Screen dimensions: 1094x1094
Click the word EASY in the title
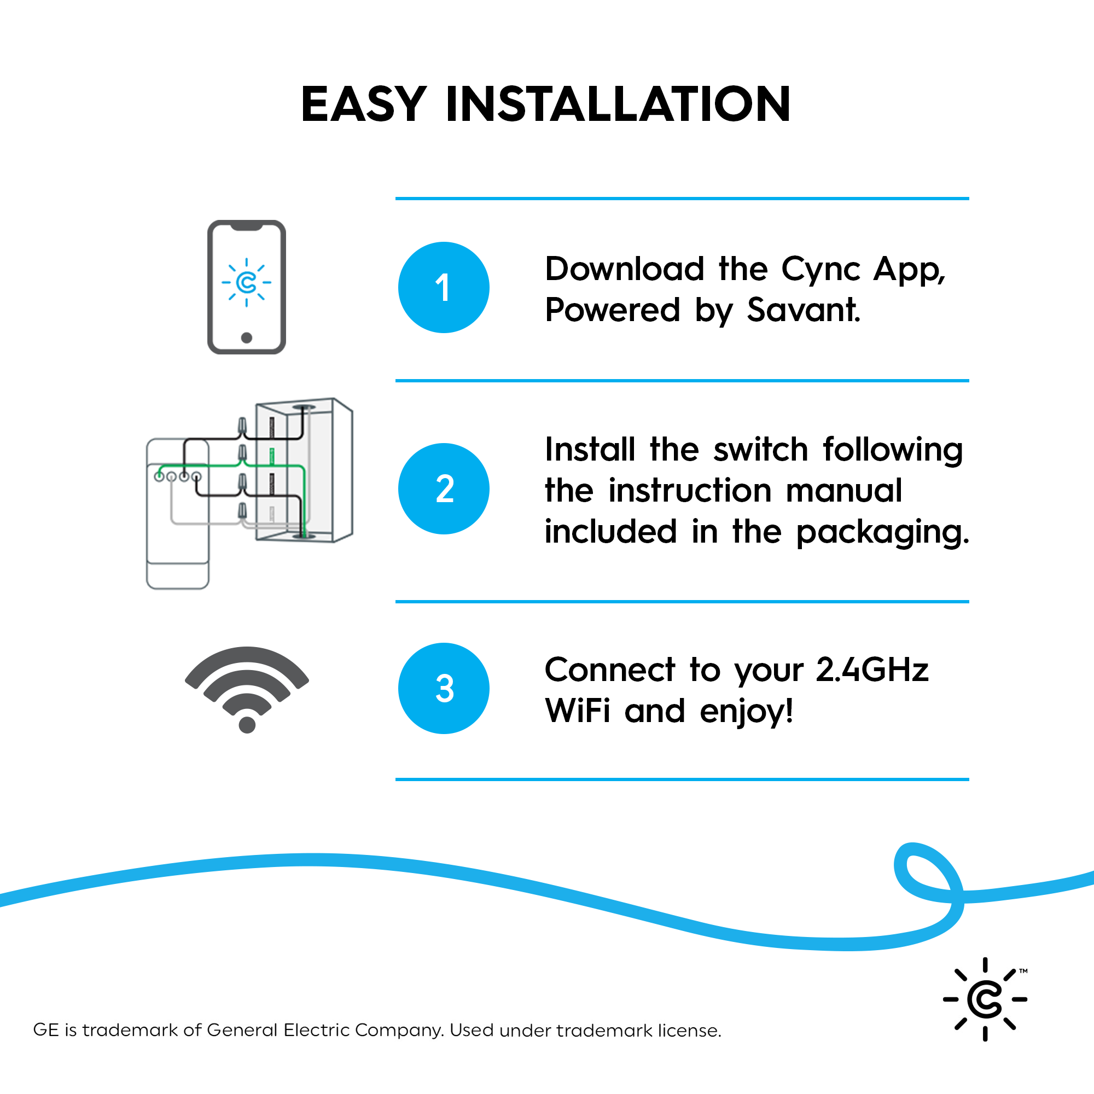[363, 105]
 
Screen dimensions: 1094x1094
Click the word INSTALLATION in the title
[618, 105]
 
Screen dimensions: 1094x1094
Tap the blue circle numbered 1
[444, 288]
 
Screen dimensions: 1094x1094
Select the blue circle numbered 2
[444, 488]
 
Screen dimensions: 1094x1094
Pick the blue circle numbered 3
[444, 689]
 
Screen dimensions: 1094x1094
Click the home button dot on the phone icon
[246, 337]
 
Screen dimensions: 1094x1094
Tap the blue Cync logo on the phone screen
[246, 282]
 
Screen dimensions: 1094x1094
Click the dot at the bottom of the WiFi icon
[247, 724]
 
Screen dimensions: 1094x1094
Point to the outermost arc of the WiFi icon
[247, 657]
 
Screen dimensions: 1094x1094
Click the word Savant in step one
[803, 310]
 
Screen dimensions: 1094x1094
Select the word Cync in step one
[821, 270]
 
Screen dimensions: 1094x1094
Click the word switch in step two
[760, 450]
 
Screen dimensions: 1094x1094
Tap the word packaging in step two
[882, 533]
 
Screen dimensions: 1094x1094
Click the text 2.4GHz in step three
[872, 670]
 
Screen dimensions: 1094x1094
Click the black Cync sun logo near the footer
[985, 999]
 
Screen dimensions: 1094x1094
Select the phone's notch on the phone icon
[246, 227]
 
